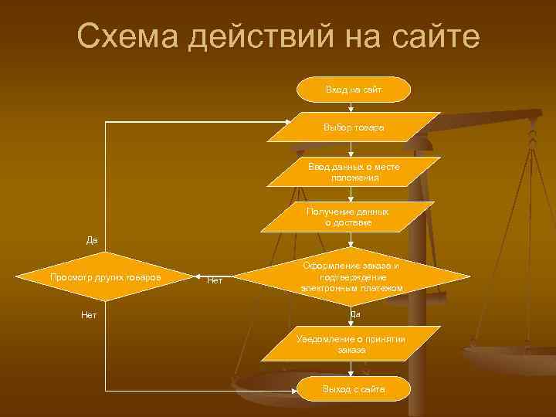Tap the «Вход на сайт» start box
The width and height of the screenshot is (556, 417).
(x=354, y=90)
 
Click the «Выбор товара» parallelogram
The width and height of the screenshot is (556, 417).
(x=354, y=127)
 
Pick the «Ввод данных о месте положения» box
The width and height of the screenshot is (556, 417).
(x=354, y=172)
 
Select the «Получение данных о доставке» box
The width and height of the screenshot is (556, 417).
(x=347, y=217)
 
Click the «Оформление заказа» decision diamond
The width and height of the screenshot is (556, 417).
(x=352, y=276)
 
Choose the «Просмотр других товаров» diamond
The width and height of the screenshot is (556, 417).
(x=105, y=276)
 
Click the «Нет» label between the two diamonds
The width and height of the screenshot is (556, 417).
(x=215, y=281)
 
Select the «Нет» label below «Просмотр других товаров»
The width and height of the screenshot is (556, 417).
(x=89, y=315)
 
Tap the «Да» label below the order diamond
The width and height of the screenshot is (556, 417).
(x=354, y=314)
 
